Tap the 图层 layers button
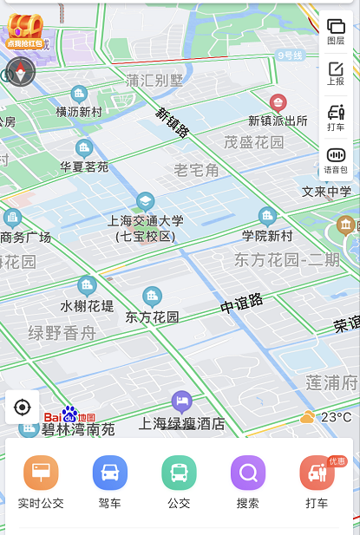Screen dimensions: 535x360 [336, 31]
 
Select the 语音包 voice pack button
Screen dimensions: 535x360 [336, 160]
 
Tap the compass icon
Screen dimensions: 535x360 [21, 72]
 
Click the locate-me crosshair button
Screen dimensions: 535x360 [23, 407]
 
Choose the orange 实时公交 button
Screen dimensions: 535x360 [41, 473]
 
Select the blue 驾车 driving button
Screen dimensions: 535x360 [110, 473]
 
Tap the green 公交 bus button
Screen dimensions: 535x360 [179, 473]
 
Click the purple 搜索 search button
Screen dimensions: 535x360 [248, 473]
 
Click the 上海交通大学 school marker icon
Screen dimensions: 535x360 [145, 202]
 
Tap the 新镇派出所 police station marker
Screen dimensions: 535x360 [278, 102]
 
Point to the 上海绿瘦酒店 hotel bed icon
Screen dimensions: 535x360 [181, 401]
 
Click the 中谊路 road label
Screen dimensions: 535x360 [241, 304]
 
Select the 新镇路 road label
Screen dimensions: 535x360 [173, 122]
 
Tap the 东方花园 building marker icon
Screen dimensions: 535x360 [153, 297]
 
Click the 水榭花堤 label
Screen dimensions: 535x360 [87, 305]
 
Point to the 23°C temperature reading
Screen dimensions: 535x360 [337, 417]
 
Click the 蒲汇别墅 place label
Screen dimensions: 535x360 [155, 81]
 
